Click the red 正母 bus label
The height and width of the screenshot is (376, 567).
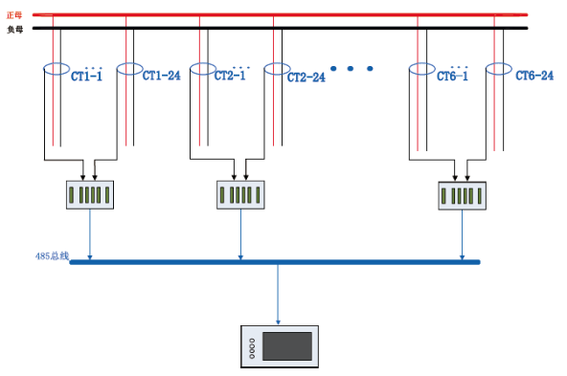pyautogui.click(x=14, y=15)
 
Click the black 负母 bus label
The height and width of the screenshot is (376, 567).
pyautogui.click(x=14, y=30)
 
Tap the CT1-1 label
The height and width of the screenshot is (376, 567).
pyautogui.click(x=86, y=76)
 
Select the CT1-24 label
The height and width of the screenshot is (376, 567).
pyautogui.click(x=161, y=76)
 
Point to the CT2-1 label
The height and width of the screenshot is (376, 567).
pyautogui.click(x=230, y=75)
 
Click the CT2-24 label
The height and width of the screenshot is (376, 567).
pyautogui.click(x=306, y=77)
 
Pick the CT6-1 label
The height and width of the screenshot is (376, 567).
pyautogui.click(x=452, y=76)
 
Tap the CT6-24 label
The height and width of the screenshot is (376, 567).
pyautogui.click(x=534, y=76)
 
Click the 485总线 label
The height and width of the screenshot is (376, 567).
pyautogui.click(x=52, y=256)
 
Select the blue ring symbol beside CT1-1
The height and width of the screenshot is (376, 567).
pyautogui.click(x=57, y=63)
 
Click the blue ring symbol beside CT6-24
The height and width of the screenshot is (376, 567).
pyautogui.click(x=499, y=63)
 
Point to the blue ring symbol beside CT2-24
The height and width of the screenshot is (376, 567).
pyautogui.click(x=278, y=63)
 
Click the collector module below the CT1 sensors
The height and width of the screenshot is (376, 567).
pyautogui.click(x=90, y=195)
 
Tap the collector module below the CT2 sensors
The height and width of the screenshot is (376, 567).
pyautogui.click(x=240, y=195)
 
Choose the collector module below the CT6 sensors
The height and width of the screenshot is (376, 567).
pyautogui.click(x=463, y=196)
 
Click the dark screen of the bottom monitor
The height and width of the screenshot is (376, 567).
pyautogui.click(x=287, y=346)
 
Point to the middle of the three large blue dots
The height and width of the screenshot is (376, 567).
pyautogui.click(x=351, y=68)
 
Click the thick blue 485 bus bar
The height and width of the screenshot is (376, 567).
pyautogui.click(x=275, y=262)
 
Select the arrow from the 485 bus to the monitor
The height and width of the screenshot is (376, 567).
pyautogui.click(x=278, y=295)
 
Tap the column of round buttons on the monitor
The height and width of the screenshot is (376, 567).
pyautogui.click(x=252, y=348)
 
